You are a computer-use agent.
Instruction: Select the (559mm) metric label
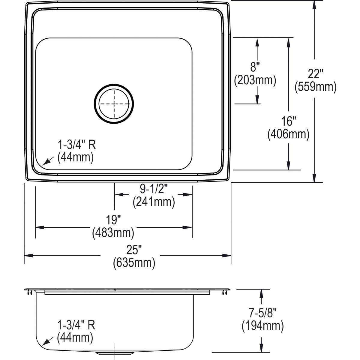pos(315,87)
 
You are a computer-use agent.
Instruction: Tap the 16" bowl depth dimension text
pos(288,121)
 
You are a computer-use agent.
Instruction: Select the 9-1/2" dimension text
pos(154,189)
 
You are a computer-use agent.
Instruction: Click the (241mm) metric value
pos(154,202)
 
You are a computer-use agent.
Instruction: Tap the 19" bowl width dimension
pos(113,220)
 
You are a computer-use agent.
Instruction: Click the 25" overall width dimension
pos(134,250)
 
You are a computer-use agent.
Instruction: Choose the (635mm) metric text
pos(134,263)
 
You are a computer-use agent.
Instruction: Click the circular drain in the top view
pos(114,103)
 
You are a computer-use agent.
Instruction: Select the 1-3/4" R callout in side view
pos(76,325)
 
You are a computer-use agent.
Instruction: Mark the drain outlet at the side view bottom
pos(114,354)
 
